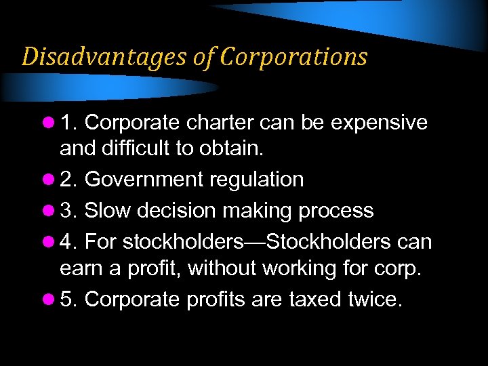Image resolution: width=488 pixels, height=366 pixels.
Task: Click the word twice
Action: tap(375, 299)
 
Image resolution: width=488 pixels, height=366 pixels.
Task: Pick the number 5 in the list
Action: tap(67, 299)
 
